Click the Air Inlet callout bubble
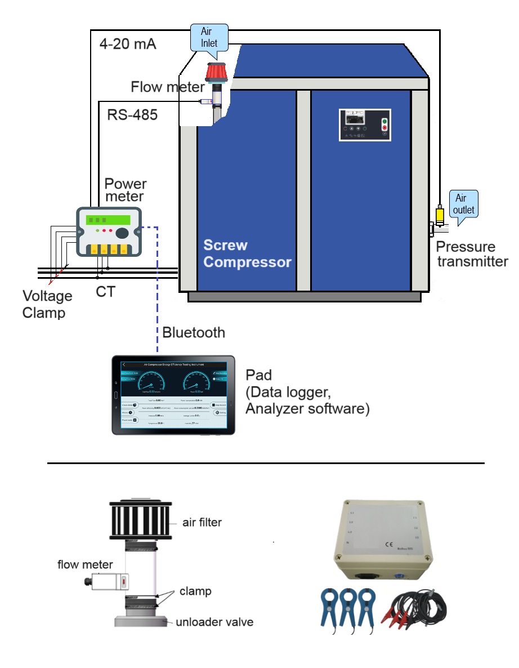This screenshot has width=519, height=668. click(209, 37)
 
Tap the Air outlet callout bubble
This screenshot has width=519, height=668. click(464, 204)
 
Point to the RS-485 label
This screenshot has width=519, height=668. click(132, 115)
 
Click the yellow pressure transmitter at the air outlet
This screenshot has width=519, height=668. click(440, 216)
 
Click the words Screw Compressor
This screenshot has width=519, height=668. click(247, 253)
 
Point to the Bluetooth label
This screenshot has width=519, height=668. click(194, 332)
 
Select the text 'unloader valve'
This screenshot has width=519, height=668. click(214, 622)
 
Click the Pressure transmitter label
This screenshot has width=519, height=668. click(472, 253)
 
